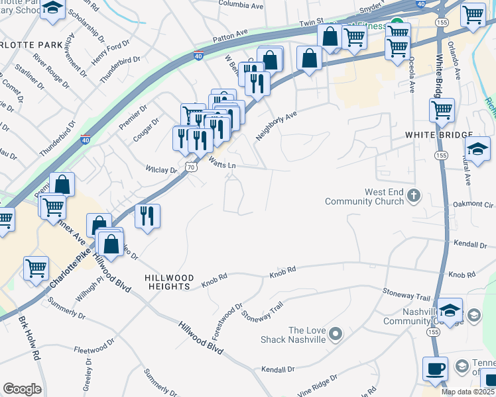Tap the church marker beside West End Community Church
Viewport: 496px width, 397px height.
pyautogui.click(x=414, y=195)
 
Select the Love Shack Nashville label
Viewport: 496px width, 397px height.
pyautogui.click(x=306, y=335)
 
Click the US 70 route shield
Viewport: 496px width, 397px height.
pyautogui.click(x=190, y=167)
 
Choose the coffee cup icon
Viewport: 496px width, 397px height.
pyautogui.click(x=435, y=368)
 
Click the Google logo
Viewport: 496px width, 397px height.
pyautogui.click(x=22, y=389)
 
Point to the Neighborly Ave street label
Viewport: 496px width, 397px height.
pyautogui.click(x=277, y=124)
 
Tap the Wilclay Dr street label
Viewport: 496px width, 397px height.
pyautogui.click(x=162, y=170)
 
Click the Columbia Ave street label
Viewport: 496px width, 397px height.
pyautogui.click(x=242, y=5)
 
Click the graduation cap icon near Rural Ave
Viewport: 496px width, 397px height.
pyautogui.click(x=477, y=148)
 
